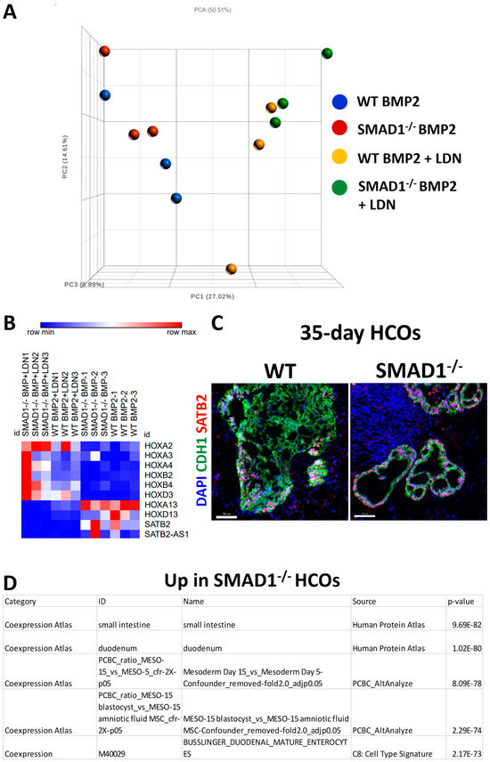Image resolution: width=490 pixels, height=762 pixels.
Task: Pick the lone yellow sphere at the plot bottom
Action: [231, 268]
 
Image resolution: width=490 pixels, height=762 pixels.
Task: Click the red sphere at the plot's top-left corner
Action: [104, 53]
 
